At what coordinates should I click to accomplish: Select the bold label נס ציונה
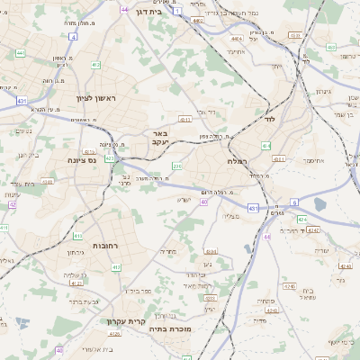pyautogui.click(x=80, y=161)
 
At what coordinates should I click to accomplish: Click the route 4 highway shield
pyautogui.click(x=73, y=37)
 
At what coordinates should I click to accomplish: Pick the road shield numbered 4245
pyautogui.click(x=346, y=265)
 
